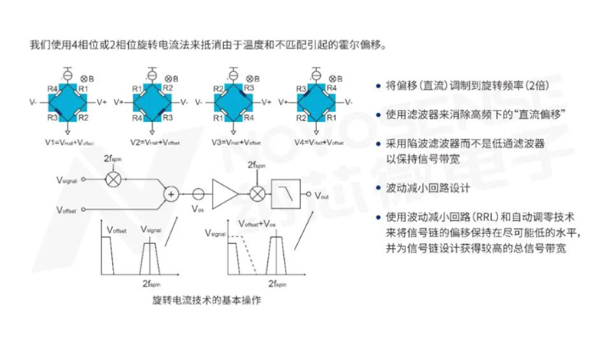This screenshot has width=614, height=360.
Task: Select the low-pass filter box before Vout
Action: click(x=286, y=194)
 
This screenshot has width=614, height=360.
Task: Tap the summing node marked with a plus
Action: click(x=171, y=194)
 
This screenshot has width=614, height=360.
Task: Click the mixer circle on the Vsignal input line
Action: click(x=114, y=179)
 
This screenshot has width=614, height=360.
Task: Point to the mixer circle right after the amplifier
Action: click(x=258, y=194)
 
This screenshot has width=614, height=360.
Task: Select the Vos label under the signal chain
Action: click(x=198, y=208)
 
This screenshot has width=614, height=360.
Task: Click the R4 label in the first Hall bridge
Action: click(x=52, y=89)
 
